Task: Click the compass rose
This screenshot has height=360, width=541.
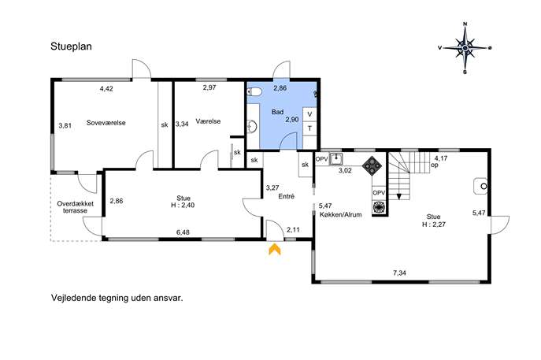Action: [x=465, y=48]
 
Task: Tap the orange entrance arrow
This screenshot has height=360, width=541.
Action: [x=275, y=249]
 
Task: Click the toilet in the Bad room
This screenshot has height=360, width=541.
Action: [x=255, y=92]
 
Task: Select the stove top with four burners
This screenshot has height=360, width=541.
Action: [x=372, y=166]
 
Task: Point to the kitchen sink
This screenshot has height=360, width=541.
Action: [x=335, y=159]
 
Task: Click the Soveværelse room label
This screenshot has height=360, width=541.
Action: [x=106, y=123]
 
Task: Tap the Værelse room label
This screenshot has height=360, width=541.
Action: [x=208, y=121]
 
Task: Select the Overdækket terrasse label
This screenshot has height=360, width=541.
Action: [x=76, y=207]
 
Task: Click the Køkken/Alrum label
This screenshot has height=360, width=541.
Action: [x=340, y=215]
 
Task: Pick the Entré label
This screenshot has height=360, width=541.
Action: [x=287, y=196]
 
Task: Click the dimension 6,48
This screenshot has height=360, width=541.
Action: [x=183, y=232]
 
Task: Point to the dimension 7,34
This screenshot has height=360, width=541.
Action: [x=399, y=273]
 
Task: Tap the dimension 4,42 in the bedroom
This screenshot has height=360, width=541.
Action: [x=106, y=89]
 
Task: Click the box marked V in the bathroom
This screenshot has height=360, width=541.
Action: [x=309, y=114]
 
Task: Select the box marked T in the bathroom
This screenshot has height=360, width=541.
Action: [x=309, y=128]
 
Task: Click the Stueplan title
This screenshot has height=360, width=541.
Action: [x=71, y=46]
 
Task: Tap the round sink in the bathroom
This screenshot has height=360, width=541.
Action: [x=252, y=126]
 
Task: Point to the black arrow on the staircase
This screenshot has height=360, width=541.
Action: [x=399, y=197]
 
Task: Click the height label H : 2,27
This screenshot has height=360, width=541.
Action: [x=434, y=225]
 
